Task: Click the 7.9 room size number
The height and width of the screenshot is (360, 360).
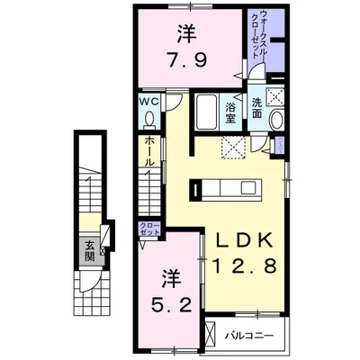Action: pyautogui.click(x=187, y=61)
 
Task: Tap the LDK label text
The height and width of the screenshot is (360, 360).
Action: pyautogui.click(x=245, y=239)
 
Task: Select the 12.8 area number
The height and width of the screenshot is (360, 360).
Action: pyautogui.click(x=245, y=265)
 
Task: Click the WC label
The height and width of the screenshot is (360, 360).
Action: pyautogui.click(x=148, y=102)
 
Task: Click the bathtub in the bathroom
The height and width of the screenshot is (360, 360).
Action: pyautogui.click(x=206, y=112)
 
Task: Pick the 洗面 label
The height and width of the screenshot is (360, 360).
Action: pyautogui.click(x=256, y=108)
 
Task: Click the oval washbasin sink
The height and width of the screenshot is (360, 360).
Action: pyautogui.click(x=277, y=120)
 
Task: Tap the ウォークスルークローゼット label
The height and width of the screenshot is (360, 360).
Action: pyautogui.click(x=259, y=33)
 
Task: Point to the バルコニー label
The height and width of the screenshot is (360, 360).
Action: pyautogui.click(x=249, y=335)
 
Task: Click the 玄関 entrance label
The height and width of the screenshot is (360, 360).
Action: pyautogui.click(x=89, y=251)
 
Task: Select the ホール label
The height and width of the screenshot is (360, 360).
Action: pyautogui.click(x=149, y=151)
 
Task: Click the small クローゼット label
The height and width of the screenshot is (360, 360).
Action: pyautogui.click(x=149, y=229)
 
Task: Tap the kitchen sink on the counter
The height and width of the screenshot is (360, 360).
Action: pyautogui.click(x=247, y=188)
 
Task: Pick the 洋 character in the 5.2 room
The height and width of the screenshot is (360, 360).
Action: pyautogui.click(x=172, y=279)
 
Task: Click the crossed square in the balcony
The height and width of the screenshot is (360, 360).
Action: pyautogui.click(x=211, y=333)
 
